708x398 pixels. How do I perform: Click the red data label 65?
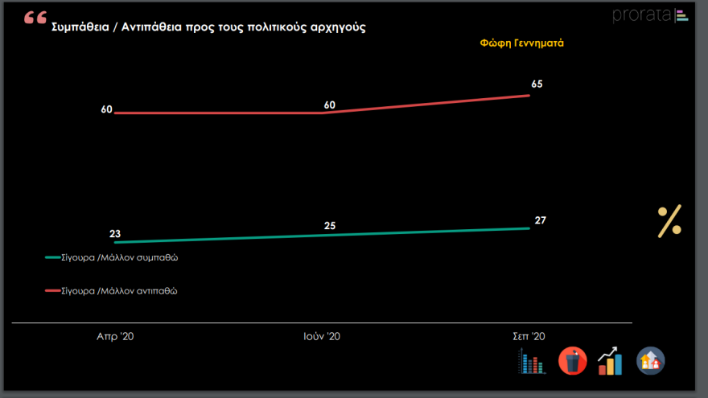click(537, 84)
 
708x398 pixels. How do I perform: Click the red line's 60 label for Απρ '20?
click(106, 109)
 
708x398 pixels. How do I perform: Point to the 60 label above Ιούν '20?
click(329, 105)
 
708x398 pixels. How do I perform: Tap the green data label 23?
click(115, 234)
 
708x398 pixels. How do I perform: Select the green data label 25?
click(330, 226)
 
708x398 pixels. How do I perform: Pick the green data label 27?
click(541, 220)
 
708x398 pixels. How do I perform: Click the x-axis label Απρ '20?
click(115, 337)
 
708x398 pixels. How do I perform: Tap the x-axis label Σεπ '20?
click(529, 337)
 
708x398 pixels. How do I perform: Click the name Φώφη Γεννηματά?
click(521, 43)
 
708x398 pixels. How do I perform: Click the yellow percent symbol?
click(669, 221)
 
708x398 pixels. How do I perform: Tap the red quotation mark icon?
click(35, 18)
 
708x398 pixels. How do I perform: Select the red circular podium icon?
click(573, 361)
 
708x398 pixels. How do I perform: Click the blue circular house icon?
click(650, 361)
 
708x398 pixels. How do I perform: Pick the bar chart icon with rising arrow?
click(610, 361)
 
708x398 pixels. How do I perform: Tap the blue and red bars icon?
click(533, 363)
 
